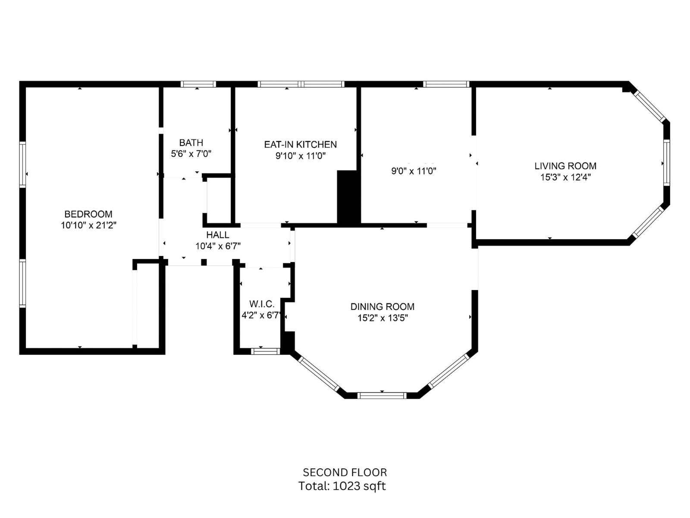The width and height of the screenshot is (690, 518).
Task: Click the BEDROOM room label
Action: click(88, 214)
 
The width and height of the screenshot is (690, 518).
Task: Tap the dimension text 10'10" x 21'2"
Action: click(88, 225)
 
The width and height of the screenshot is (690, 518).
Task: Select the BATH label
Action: click(191, 143)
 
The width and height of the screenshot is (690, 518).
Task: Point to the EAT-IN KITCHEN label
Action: click(300, 145)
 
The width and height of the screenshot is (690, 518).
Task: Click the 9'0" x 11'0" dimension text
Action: click(414, 171)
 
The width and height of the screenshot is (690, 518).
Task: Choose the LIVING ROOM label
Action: click(565, 166)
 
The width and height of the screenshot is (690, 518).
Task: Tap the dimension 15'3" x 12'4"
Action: click(565, 177)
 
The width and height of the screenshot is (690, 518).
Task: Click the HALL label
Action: click(217, 235)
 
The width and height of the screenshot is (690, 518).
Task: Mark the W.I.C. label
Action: click(262, 304)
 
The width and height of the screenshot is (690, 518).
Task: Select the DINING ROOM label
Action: click(382, 307)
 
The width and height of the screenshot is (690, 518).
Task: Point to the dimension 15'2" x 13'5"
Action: click(382, 318)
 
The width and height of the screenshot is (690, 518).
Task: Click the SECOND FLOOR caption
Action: click(345, 473)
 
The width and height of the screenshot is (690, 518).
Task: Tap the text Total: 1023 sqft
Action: click(342, 486)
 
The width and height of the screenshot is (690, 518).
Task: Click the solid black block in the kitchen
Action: click(348, 197)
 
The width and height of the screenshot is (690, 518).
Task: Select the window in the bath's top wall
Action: click(198, 84)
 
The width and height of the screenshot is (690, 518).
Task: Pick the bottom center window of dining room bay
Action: click(382, 395)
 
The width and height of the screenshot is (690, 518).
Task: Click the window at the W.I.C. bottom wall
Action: click(265, 351)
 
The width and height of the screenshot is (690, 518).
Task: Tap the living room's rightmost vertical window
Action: click(666, 163)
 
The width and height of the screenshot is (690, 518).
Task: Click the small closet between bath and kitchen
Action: click(219, 201)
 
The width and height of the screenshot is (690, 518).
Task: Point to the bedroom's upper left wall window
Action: click(22, 164)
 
